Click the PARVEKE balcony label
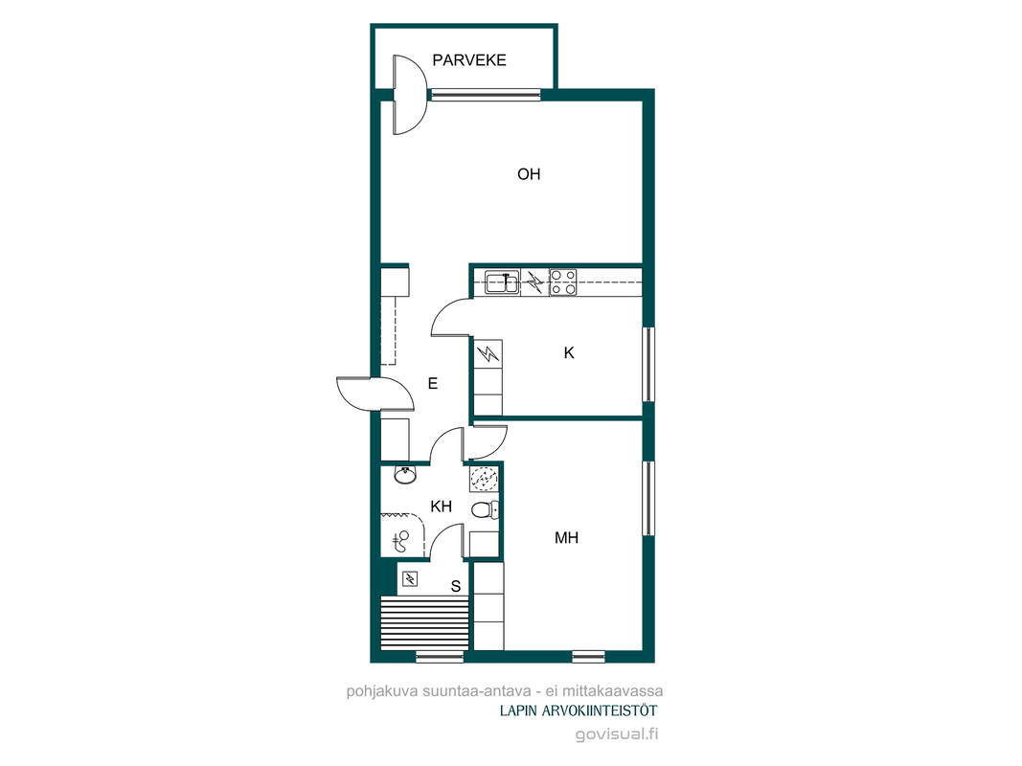[469, 60]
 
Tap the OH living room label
[529, 174]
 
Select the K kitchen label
[569, 353]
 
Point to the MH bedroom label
[566, 537]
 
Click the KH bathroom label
[442, 507]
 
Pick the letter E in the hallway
[433, 384]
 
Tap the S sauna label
[456, 586]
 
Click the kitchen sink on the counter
[502, 282]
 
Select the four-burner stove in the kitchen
[563, 282]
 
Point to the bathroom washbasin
[405, 475]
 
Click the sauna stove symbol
[409, 578]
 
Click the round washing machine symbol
[484, 480]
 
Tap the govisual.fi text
[617, 734]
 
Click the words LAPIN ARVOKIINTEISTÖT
[579, 710]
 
